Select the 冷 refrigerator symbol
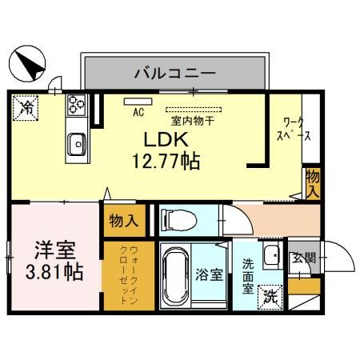[x=26, y=107]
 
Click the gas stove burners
[x=78, y=104]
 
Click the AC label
[x=137, y=112]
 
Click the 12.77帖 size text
[x=166, y=160]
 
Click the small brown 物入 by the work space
[x=312, y=185]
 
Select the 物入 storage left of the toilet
[x=123, y=219]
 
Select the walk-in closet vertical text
[x=123, y=277]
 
